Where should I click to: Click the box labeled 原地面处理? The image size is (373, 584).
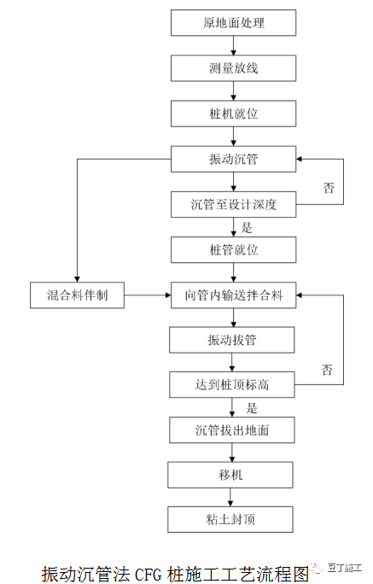tap(233, 22)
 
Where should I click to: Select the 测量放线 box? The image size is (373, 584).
tap(233, 67)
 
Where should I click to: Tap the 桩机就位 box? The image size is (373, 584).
tap(233, 113)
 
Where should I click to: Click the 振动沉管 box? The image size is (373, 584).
tap(233, 159)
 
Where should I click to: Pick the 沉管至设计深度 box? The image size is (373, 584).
tap(233, 205)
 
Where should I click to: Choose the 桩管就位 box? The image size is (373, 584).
tap(233, 250)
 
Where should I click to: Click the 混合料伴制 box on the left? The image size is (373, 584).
tap(78, 296)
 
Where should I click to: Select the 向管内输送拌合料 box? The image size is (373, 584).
tap(233, 296)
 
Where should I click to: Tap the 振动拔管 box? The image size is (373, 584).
tap(233, 341)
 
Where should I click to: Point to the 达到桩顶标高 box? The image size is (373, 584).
tap(233, 385)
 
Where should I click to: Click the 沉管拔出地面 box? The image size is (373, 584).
tap(233, 430)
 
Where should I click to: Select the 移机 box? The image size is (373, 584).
tap(233, 475)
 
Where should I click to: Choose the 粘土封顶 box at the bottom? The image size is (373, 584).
tap(233, 519)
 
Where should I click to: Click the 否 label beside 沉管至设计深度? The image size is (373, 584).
tap(329, 187)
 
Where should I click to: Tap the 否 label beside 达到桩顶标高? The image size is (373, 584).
tap(327, 370)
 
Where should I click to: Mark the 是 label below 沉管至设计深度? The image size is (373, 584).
tap(248, 228)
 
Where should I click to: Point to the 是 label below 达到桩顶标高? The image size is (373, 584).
tap(252, 408)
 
